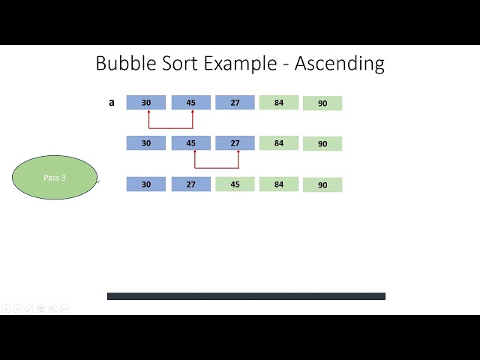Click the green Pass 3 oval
click(x=54, y=178)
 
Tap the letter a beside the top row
click(x=112, y=102)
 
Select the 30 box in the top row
click(x=146, y=103)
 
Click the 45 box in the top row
click(x=190, y=103)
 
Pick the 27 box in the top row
click(x=235, y=103)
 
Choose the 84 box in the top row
click(x=279, y=103)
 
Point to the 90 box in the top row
click(x=322, y=103)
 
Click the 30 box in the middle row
click(x=146, y=142)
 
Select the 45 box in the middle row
click(x=190, y=142)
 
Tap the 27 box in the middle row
click(x=235, y=142)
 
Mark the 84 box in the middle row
click(x=279, y=142)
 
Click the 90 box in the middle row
click(x=322, y=143)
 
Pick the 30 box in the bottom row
click(x=146, y=184)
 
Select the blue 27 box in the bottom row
click(x=190, y=184)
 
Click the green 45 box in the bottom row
click(x=235, y=184)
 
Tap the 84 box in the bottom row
click(x=279, y=184)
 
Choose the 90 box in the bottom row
click(x=322, y=184)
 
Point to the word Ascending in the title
click(x=339, y=64)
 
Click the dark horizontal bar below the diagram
click(x=246, y=296)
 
